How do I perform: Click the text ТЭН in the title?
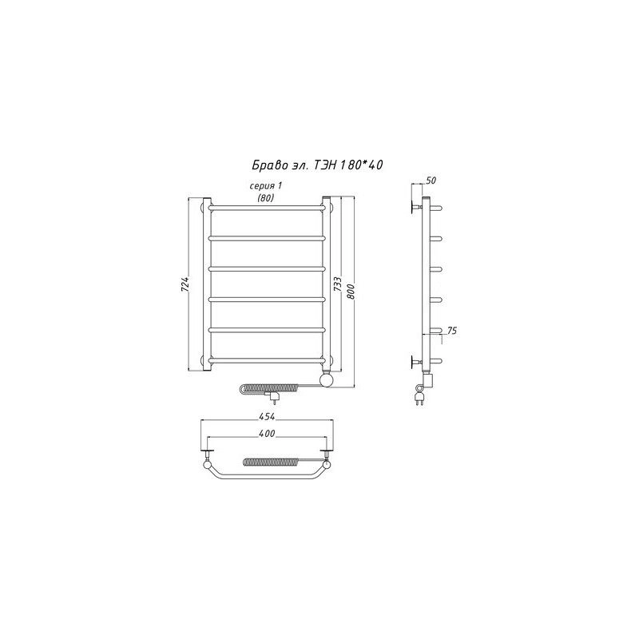click(325, 165)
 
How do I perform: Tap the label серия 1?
click(266, 186)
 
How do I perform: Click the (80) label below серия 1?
click(266, 198)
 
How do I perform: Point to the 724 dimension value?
click(185, 284)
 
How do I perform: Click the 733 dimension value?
click(338, 284)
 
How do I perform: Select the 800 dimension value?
click(351, 291)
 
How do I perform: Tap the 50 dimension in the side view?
click(431, 181)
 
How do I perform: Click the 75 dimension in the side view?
click(452, 331)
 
